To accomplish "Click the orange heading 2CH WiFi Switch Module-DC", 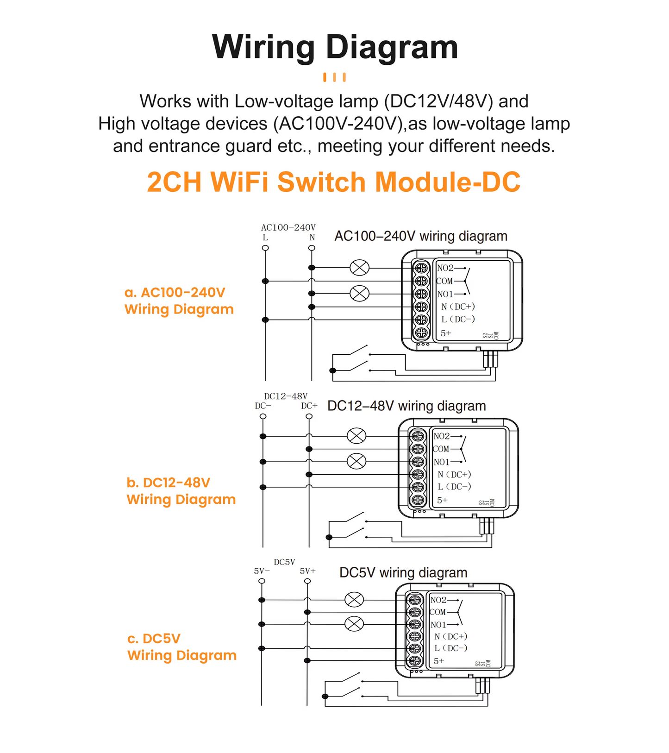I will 333,182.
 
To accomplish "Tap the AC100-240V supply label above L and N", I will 288,227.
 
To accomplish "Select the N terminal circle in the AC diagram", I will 312,248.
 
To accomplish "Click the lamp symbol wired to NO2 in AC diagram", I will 359,268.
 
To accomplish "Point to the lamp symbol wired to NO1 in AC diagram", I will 359,293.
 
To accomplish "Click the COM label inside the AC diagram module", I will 444,281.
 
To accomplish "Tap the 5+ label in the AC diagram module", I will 445,333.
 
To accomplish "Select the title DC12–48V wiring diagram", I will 406,406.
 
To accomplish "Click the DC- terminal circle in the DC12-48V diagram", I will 263,416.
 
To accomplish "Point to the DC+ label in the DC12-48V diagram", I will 309,406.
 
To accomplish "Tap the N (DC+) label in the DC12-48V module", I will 454,474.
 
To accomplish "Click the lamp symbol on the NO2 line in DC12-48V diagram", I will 356,436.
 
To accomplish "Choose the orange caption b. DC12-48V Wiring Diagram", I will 181,491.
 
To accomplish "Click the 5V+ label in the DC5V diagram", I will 307,571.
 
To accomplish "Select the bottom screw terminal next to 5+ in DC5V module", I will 415,661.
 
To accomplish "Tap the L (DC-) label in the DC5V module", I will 450,648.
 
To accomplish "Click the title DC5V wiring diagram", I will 403,573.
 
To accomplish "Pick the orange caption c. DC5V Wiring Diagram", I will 181,647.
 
